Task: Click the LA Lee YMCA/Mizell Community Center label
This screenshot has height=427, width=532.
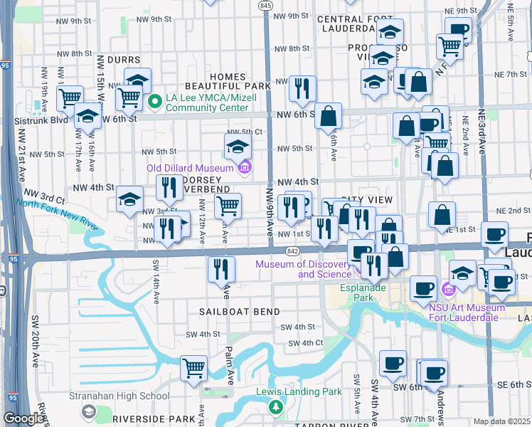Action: coord(206,102)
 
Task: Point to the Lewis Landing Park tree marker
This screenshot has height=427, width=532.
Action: coord(275,407)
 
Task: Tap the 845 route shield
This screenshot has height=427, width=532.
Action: coord(266,5)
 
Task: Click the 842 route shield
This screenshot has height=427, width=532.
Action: coord(292,251)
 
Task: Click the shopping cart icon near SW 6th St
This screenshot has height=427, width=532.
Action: coord(193,369)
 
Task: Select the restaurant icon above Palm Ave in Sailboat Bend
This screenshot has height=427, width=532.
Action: coord(221,270)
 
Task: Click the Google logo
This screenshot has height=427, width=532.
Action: coord(23,418)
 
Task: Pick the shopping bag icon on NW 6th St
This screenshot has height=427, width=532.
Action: coord(329,116)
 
